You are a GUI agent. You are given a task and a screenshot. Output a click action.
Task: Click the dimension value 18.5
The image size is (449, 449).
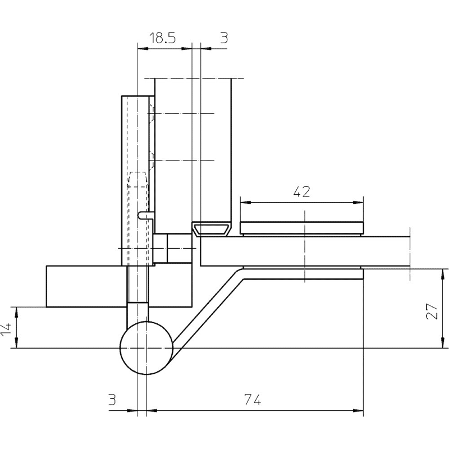pos(162,38)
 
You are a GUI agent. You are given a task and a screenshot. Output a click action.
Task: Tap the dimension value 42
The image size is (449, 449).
pos(301,191)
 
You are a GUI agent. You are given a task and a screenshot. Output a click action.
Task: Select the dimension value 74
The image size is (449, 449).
pos(253,400)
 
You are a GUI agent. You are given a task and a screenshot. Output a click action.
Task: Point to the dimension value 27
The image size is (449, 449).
pos(432,311)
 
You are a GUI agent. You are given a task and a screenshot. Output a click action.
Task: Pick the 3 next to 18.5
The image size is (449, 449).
pos(224,38)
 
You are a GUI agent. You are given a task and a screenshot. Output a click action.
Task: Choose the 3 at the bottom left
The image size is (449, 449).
pos(112,400)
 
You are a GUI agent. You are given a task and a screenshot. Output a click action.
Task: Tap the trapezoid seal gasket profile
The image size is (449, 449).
pos(212,230)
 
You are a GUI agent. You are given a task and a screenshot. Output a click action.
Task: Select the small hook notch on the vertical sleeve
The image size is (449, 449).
pos(145,215)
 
